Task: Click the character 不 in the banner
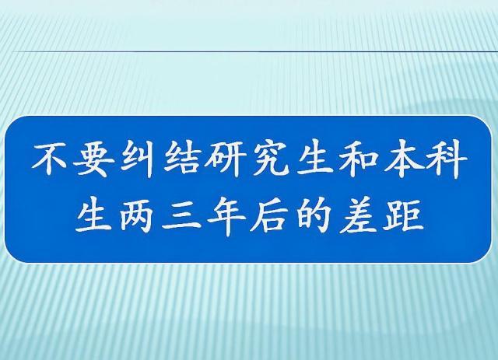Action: (x=50, y=159)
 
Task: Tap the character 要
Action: (x=93, y=159)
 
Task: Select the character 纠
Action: (x=138, y=159)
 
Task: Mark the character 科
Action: (x=447, y=159)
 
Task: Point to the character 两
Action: (x=138, y=216)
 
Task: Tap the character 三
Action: (x=181, y=216)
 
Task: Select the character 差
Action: (x=358, y=216)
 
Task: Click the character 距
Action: (x=403, y=216)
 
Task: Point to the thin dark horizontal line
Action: (x=255, y=51)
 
